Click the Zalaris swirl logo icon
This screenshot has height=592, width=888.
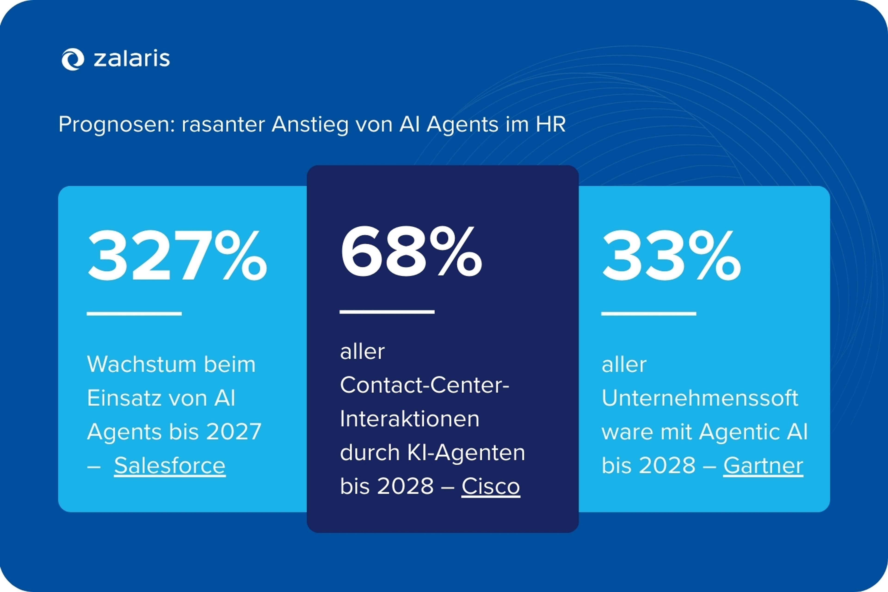pyautogui.click(x=72, y=59)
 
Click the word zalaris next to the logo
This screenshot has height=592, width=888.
pyautogui.click(x=132, y=59)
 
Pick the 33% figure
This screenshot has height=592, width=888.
pyautogui.click(x=671, y=256)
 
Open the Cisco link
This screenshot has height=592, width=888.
pyautogui.click(x=490, y=486)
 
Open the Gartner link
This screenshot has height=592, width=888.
pyautogui.click(x=763, y=466)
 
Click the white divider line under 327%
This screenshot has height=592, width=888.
pyautogui.click(x=134, y=313)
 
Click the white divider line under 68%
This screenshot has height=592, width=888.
pyautogui.click(x=387, y=312)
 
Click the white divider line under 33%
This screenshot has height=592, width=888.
pyautogui.click(x=649, y=313)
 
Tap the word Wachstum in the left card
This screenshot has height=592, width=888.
pyautogui.click(x=141, y=364)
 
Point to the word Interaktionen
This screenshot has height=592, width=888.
pyautogui.click(x=410, y=419)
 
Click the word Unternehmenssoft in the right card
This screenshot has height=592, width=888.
pyautogui.click(x=700, y=398)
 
